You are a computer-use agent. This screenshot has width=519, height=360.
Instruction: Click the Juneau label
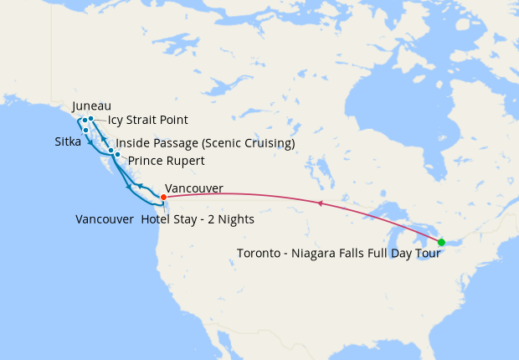point(91,106)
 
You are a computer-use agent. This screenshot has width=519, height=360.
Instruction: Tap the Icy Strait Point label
point(147,121)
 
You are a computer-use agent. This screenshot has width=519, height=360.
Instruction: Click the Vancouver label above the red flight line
point(194,189)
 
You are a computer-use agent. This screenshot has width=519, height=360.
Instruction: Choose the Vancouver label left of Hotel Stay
point(104,219)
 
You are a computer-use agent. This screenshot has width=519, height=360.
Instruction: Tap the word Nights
point(235,219)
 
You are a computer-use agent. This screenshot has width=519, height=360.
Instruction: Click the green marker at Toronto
point(441,243)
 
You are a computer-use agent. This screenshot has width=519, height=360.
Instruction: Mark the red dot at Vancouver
point(163,197)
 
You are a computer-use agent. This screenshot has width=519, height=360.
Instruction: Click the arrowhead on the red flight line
point(318,203)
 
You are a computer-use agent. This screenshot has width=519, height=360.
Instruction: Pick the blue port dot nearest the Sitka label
point(86,130)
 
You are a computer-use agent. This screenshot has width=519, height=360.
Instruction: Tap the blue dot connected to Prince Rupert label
point(118,156)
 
